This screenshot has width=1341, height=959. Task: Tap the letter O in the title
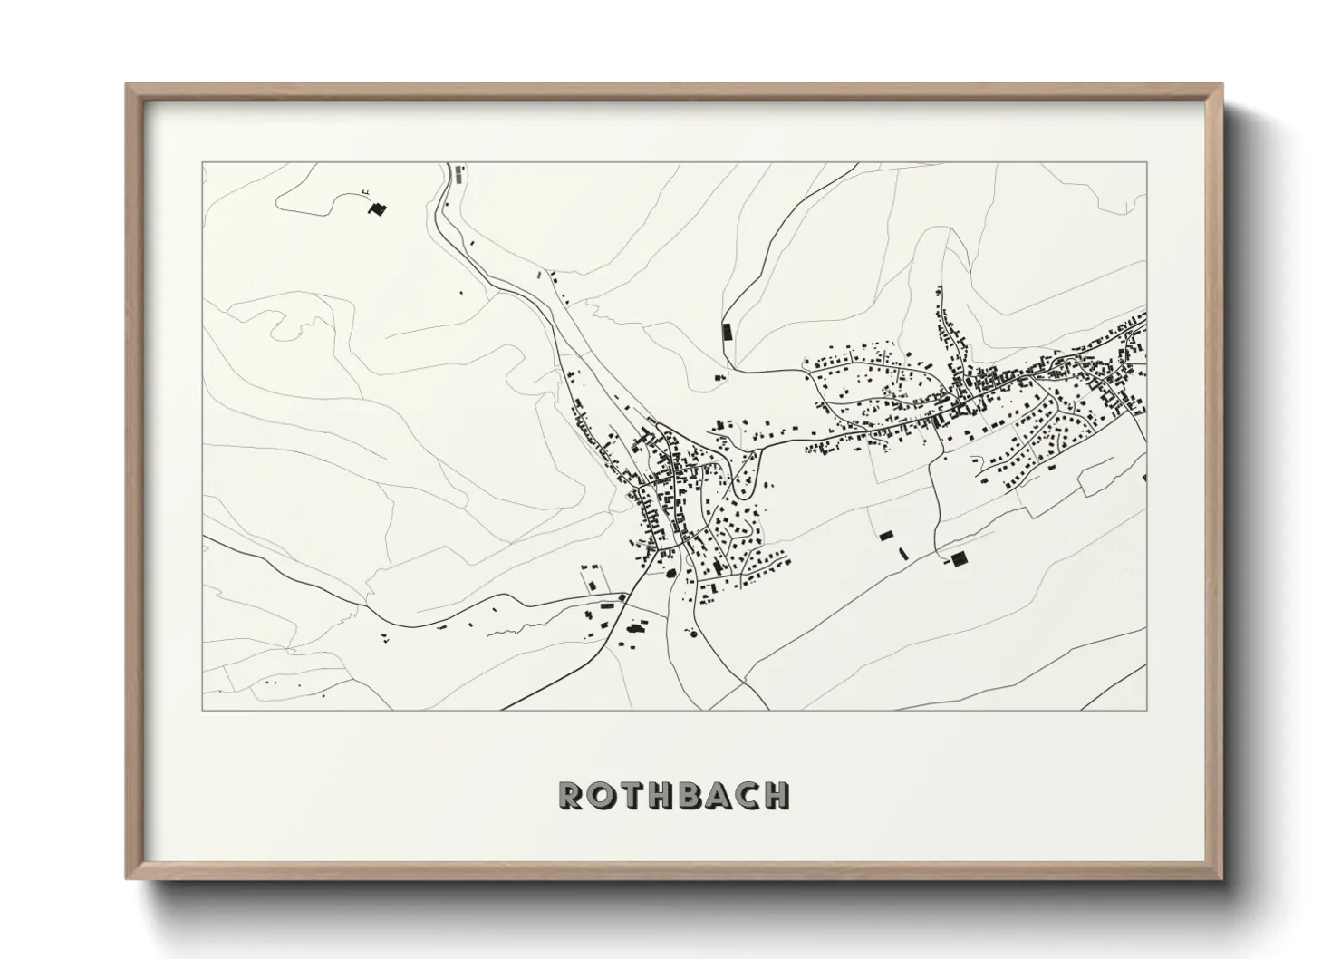602,795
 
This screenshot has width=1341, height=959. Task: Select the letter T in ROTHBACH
630,795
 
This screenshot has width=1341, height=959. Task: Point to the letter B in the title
689,795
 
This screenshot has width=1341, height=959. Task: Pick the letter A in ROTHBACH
719,795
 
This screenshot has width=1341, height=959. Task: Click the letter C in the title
748,795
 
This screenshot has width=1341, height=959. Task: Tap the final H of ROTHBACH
777,795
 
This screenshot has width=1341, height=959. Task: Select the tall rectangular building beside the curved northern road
725,330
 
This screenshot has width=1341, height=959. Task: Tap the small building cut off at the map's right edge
1145,478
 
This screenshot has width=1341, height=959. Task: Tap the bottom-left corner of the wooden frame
128,878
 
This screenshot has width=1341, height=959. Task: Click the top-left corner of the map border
202,163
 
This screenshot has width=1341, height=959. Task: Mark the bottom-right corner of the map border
1147,710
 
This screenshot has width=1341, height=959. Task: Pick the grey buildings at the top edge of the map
460,172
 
